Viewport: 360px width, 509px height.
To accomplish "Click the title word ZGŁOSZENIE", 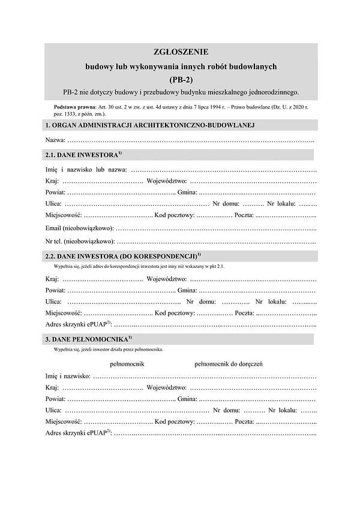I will [x=180, y=52].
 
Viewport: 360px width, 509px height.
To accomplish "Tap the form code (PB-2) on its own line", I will [x=180, y=79].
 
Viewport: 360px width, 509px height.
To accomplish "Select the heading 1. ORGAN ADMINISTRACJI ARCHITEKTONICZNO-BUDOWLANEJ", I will [x=151, y=125].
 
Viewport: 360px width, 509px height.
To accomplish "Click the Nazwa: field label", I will [x=56, y=140].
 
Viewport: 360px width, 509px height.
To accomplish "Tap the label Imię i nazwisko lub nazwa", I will [x=86, y=170].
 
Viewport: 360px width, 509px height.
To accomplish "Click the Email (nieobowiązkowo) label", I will [x=79, y=228].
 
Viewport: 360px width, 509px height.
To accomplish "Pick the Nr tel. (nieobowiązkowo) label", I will [x=80, y=242].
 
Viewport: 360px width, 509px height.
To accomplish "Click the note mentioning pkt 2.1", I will [x=139, y=266].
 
